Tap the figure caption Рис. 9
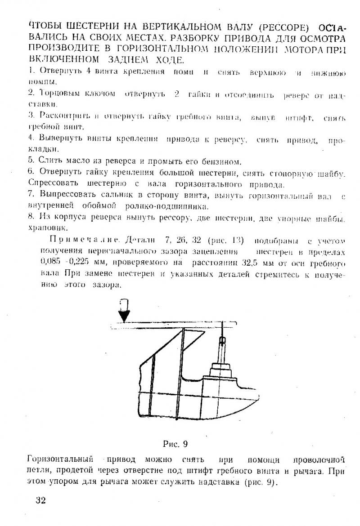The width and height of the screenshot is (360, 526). coord(175,444)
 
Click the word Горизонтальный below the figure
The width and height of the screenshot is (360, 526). coord(60,459)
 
